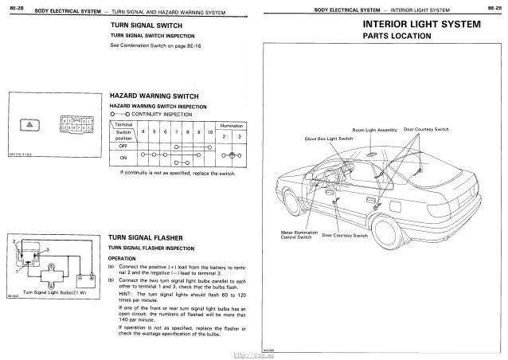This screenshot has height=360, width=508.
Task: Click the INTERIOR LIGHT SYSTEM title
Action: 421,25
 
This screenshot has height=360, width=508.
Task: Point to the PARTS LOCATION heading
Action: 397,37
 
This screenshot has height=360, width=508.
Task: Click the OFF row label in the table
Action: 123,145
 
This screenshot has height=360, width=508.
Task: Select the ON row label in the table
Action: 123,158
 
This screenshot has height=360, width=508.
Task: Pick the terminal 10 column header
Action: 209,131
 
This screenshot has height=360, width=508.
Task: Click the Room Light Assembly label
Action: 375,129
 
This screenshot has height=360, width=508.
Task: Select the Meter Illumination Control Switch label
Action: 299,236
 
